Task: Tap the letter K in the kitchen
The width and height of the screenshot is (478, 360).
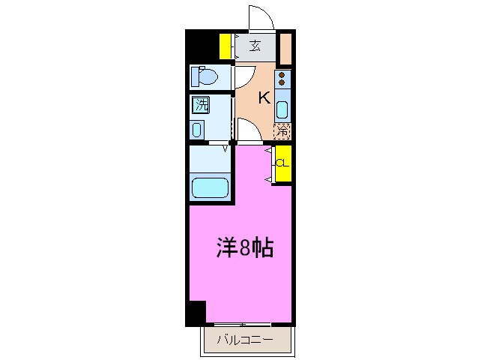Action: coord(264,97)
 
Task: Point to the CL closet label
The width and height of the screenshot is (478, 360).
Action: coord(282,163)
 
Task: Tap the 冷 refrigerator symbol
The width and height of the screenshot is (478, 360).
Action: coord(282,130)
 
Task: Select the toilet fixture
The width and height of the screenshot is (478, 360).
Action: coord(205,76)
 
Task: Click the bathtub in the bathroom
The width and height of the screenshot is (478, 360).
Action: coord(210,187)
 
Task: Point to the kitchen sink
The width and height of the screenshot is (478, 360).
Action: coord(282,109)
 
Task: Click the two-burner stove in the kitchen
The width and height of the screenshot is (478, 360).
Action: coord(282,79)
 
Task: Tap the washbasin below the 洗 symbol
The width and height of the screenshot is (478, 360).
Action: coord(197,129)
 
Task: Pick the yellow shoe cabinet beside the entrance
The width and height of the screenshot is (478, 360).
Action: coord(225,46)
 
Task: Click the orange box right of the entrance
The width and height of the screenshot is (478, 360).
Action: coord(285,48)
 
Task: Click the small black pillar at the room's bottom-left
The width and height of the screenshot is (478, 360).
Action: coord(196,313)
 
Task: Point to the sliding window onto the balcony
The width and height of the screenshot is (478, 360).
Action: coord(245,325)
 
